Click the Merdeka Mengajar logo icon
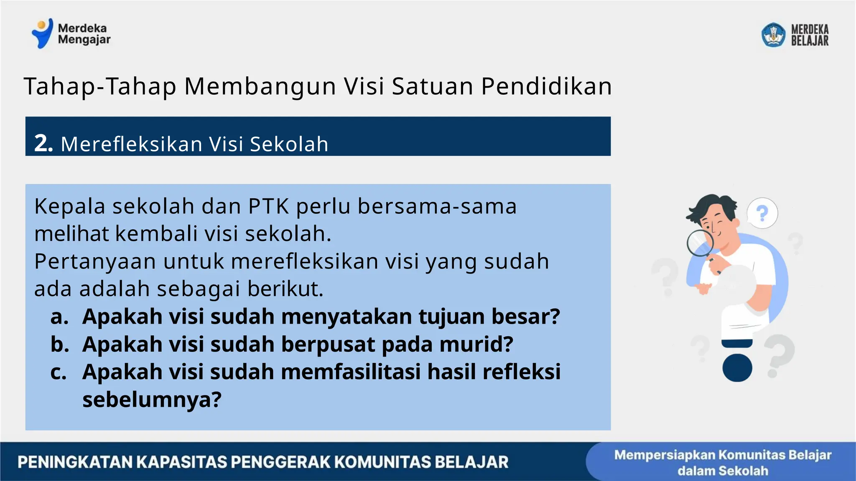coord(43,33)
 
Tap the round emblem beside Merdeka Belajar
coord(773,35)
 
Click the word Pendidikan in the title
coord(546,86)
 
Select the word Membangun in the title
coord(260,86)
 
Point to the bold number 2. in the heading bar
coord(43,143)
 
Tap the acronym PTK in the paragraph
coord(269,206)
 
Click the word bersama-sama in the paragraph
coord(437,206)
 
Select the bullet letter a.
coord(59,316)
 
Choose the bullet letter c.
coord(59,372)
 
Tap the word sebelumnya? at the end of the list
coord(152,400)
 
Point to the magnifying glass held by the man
coord(700,243)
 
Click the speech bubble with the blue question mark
coord(762,213)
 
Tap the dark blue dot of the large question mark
coord(737,367)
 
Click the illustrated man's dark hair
coord(711,207)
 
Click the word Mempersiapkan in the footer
coord(664,455)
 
